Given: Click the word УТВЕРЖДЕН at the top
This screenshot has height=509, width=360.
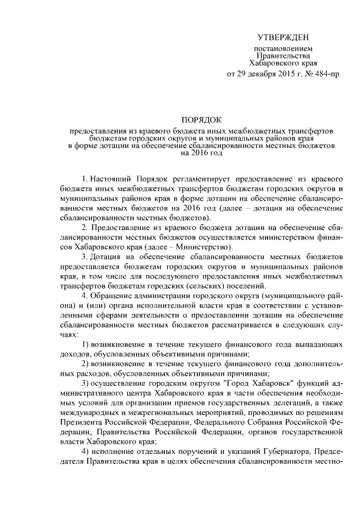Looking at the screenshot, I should coord(283,38).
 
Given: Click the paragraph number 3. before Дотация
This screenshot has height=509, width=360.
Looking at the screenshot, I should coord(84,257).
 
